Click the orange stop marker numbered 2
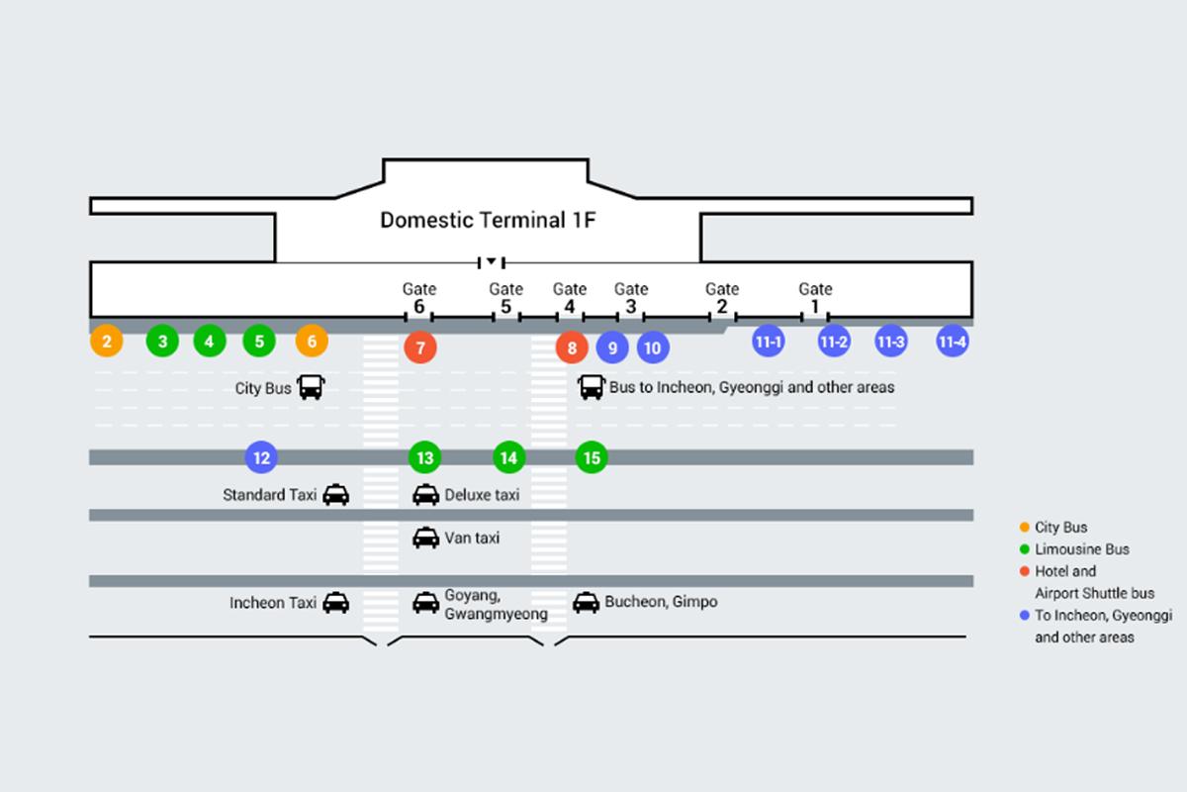click(x=107, y=343)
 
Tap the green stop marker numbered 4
click(x=210, y=343)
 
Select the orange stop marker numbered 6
click(x=312, y=343)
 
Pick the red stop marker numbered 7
click(x=420, y=347)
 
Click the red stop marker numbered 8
click(x=572, y=347)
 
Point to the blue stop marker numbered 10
click(x=652, y=347)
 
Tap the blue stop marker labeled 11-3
click(x=890, y=343)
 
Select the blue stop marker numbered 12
click(x=261, y=457)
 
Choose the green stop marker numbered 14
click(x=508, y=457)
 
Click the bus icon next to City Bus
click(x=311, y=387)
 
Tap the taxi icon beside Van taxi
click(x=425, y=538)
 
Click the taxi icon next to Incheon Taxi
click(x=336, y=602)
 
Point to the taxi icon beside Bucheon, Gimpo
click(x=587, y=602)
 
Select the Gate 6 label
click(x=418, y=298)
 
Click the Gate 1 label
click(x=815, y=298)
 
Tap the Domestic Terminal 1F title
click(x=489, y=220)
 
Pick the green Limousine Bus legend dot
click(x=1024, y=548)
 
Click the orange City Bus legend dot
click(x=1024, y=527)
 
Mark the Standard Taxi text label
click(x=269, y=494)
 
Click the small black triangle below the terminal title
click(x=491, y=261)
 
